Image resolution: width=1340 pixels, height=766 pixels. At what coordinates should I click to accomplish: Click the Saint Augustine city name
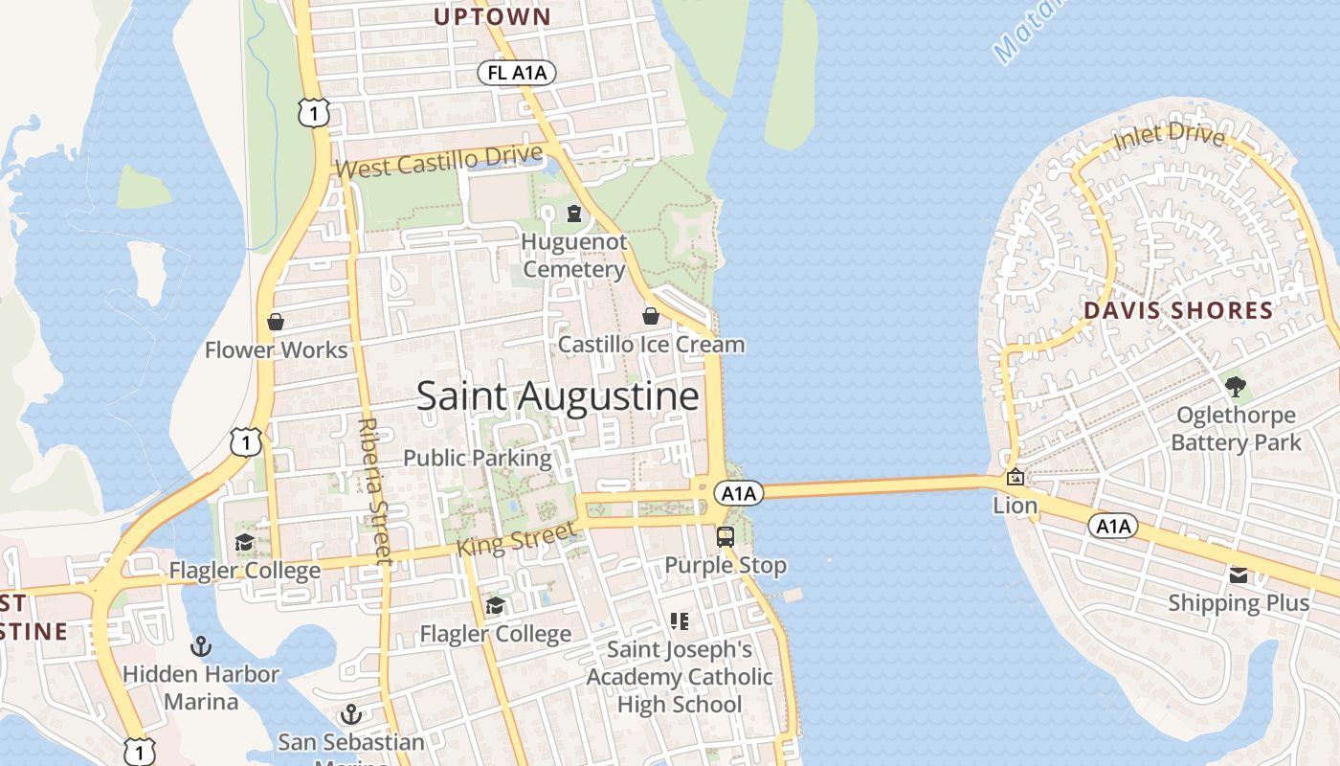(557, 396)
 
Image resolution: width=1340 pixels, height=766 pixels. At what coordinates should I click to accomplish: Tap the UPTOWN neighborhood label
(492, 16)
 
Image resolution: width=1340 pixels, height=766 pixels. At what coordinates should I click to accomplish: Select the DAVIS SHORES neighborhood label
(1178, 310)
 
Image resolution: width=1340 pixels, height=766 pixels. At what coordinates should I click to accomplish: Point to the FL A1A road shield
(517, 73)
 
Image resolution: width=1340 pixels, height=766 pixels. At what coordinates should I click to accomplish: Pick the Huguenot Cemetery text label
(573, 257)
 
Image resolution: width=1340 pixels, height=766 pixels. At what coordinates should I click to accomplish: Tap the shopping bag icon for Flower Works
(276, 322)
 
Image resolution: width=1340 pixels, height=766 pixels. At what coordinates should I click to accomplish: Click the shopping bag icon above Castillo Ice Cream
(651, 316)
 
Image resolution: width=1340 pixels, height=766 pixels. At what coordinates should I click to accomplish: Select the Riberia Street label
(374, 489)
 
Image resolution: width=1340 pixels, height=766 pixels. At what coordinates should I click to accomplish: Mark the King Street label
(517, 538)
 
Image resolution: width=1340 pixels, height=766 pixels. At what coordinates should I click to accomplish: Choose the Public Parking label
(477, 458)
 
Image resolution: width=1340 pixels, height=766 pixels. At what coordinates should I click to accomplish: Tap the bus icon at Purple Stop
(725, 536)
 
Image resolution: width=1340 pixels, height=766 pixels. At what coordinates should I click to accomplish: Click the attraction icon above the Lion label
(1016, 477)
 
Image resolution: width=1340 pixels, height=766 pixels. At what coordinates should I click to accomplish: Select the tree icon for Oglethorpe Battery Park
(1236, 387)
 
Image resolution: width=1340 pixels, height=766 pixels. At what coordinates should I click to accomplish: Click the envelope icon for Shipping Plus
(1239, 574)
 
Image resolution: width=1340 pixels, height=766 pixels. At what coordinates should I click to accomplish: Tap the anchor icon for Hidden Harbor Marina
(201, 646)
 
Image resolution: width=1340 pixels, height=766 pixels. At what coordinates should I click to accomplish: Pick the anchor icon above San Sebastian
(351, 714)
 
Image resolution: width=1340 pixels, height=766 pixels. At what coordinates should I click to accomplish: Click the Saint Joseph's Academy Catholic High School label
(680, 677)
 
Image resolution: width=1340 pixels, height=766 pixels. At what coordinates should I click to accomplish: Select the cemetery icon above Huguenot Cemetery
(574, 213)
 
